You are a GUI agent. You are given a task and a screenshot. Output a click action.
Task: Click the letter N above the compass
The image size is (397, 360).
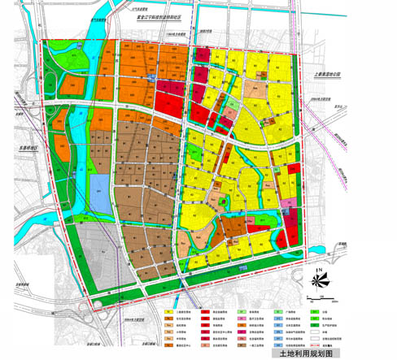(x=321, y=270)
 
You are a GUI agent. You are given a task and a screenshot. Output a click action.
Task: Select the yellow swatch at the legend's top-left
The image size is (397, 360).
(x=168, y=312)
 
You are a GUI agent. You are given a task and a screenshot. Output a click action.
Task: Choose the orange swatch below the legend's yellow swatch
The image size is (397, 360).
(x=168, y=319)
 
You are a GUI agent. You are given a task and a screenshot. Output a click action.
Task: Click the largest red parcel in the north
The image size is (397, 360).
(x=165, y=102)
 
